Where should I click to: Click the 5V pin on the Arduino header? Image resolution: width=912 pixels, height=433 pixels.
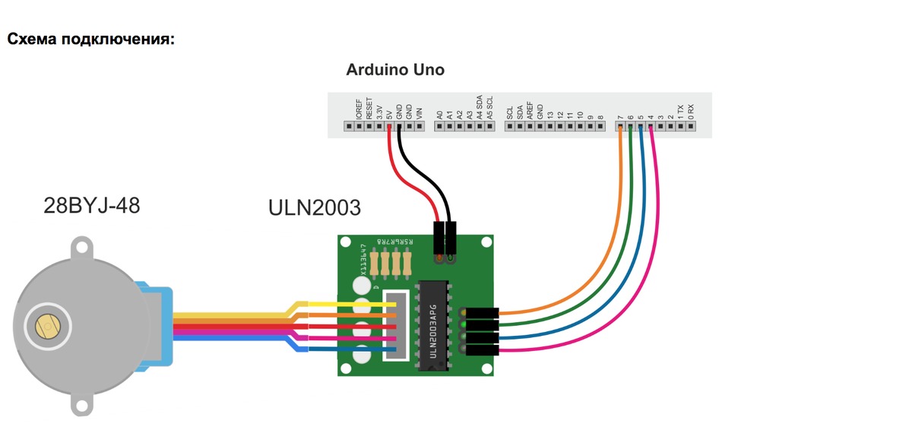(x=388, y=127)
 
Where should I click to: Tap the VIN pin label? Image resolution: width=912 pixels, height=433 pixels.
(x=418, y=111)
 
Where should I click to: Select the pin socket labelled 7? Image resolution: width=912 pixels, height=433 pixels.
(x=621, y=127)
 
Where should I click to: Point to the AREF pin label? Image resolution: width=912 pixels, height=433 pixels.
(x=530, y=109)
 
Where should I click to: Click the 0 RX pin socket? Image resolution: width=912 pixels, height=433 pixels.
(x=690, y=127)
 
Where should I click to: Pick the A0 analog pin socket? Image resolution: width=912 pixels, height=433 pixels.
(x=439, y=127)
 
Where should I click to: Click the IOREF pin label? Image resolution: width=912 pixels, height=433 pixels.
(x=359, y=108)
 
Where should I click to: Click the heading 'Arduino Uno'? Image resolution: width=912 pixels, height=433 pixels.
(x=395, y=70)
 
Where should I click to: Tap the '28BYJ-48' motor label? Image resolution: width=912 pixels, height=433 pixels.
(x=92, y=205)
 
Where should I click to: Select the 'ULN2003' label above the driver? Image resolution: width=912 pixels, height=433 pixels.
(x=315, y=207)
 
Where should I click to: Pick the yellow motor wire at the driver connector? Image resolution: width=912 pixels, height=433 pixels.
(x=342, y=305)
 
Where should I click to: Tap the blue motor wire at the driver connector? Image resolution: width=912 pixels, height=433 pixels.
(x=342, y=349)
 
